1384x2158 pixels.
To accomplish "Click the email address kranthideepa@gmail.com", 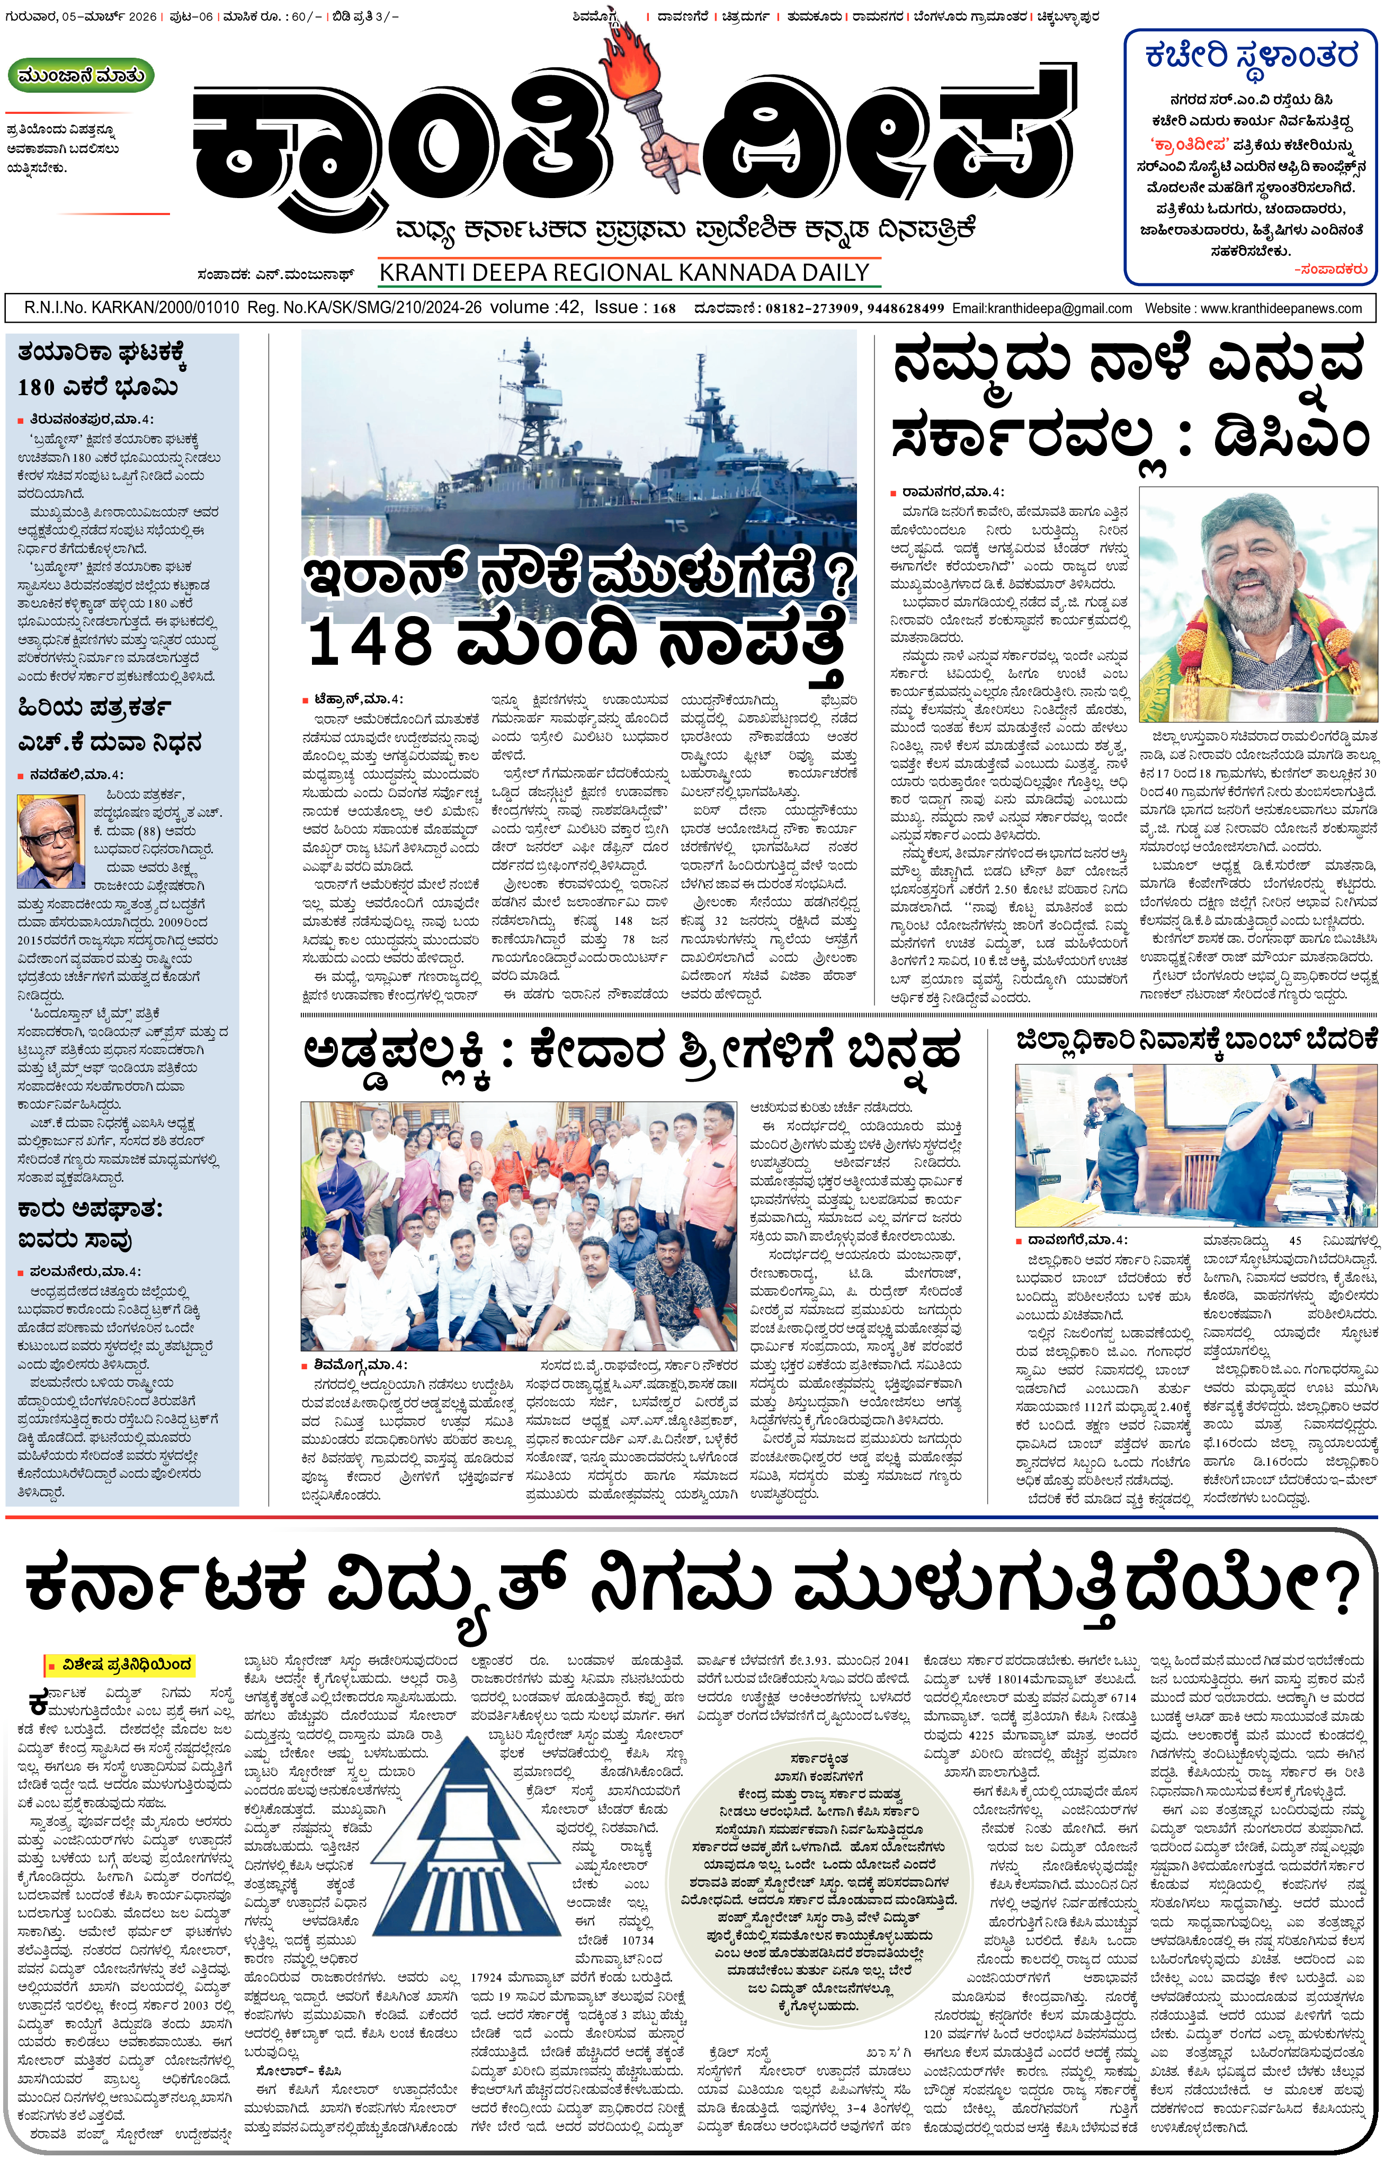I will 1042,308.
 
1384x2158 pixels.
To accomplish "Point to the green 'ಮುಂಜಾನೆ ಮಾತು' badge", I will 81,76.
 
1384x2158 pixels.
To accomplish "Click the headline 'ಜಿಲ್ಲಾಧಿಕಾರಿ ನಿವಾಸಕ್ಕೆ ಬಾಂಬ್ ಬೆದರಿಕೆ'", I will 1196,1040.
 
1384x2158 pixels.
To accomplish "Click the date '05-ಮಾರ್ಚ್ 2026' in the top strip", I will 109,17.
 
